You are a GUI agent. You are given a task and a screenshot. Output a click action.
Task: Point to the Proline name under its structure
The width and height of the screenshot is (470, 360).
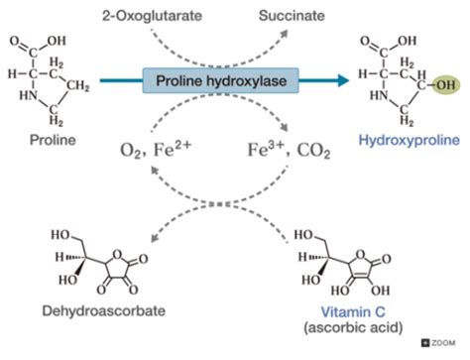click(x=40, y=139)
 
